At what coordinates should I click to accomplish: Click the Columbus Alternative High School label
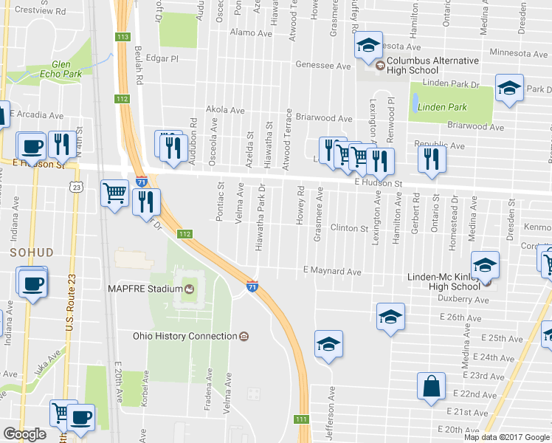(432, 65)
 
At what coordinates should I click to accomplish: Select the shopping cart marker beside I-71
(115, 194)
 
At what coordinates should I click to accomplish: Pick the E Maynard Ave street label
(332, 272)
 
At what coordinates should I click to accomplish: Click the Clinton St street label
(348, 229)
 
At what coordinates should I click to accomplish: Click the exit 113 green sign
(123, 37)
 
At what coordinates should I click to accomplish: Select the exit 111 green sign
(301, 419)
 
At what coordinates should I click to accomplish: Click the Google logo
(24, 434)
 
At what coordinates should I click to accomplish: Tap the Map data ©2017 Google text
(507, 437)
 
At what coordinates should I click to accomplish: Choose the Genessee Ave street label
(322, 65)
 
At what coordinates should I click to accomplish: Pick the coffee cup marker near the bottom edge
(80, 416)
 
